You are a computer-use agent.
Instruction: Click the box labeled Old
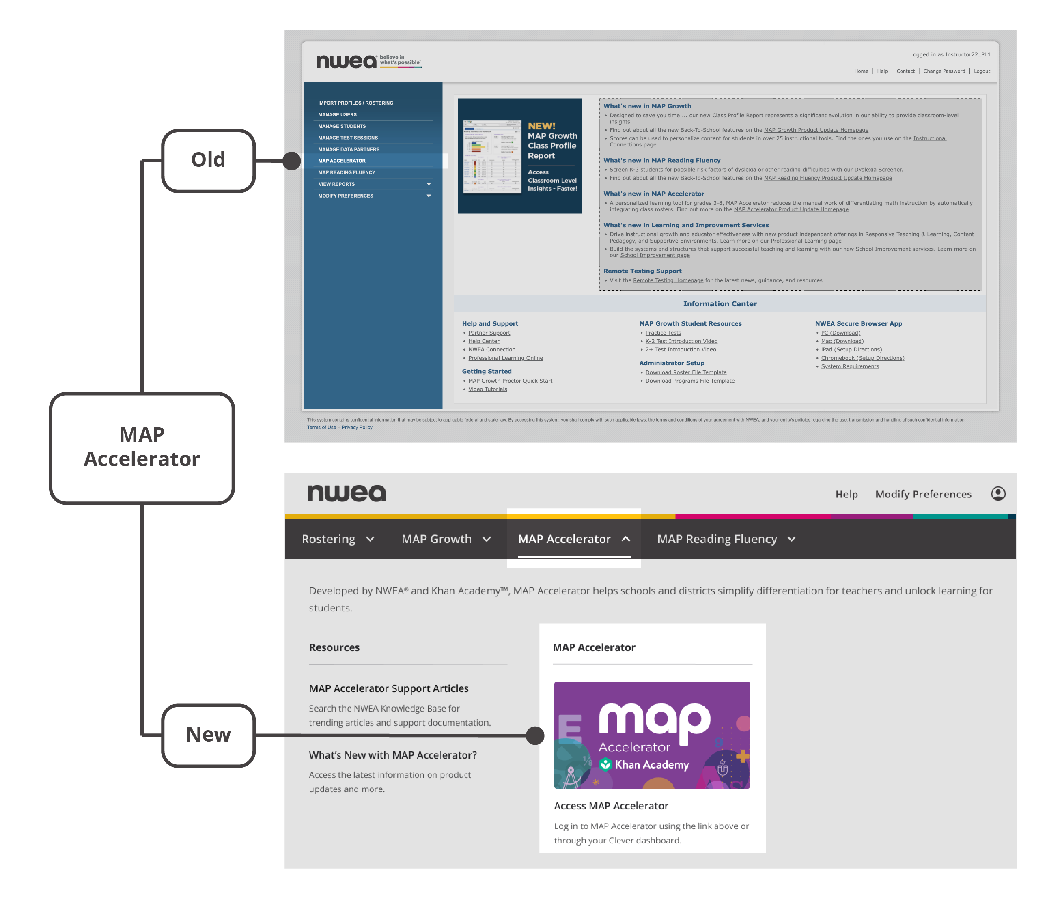pos(208,161)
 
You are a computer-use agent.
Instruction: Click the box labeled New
pos(208,735)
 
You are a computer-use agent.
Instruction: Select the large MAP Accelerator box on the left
pos(142,447)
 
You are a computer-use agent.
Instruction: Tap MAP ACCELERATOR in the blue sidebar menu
pos(342,161)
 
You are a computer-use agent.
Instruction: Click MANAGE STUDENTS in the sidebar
pos(342,126)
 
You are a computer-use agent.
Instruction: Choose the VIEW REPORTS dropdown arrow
pos(429,184)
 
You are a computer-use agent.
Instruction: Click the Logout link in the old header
pos(981,71)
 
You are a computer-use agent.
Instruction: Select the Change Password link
pos(944,71)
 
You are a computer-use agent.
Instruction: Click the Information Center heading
pos(720,303)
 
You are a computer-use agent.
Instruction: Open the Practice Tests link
pos(663,333)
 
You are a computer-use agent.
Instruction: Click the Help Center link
pos(484,342)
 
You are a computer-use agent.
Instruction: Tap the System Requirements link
pos(849,366)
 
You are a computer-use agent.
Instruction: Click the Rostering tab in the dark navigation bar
pos(337,539)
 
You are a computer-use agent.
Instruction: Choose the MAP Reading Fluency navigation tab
pos(726,539)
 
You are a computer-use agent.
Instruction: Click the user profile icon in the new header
pos(997,493)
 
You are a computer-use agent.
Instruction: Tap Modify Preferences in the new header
pos(923,494)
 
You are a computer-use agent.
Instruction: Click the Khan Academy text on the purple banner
pos(651,765)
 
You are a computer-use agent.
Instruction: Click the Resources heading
pos(334,647)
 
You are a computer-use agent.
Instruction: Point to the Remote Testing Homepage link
pos(668,280)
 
